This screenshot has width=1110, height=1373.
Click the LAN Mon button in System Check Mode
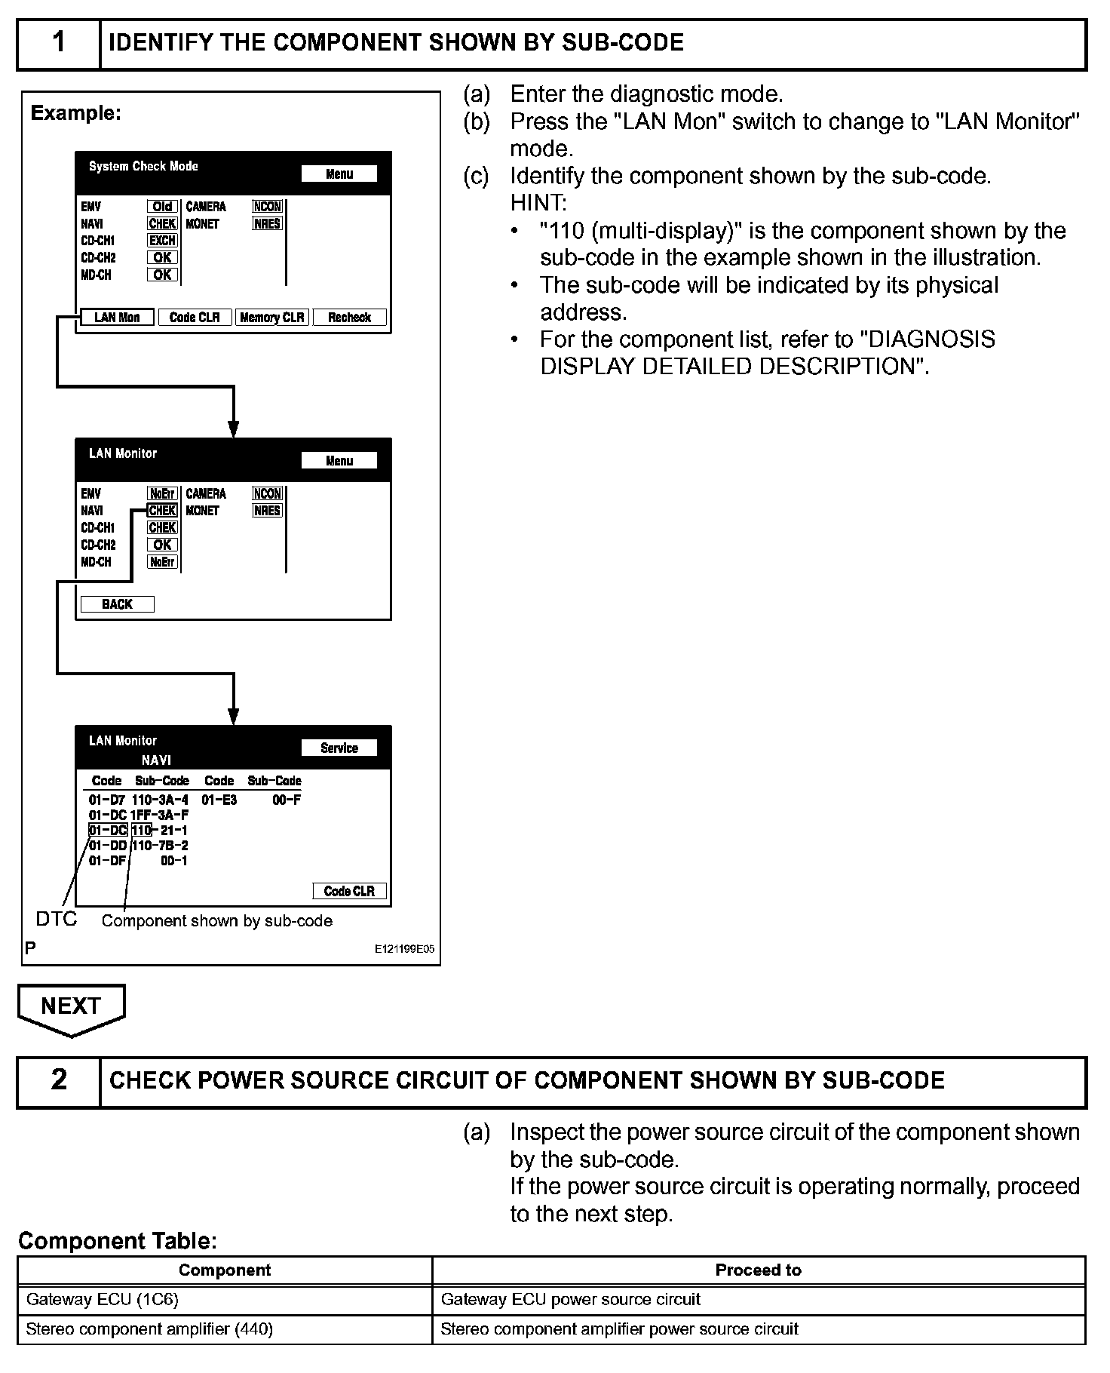point(117,318)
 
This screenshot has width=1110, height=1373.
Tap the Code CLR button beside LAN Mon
point(195,318)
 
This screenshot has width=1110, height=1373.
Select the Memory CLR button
point(271,318)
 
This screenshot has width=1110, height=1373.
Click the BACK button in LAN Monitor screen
point(117,604)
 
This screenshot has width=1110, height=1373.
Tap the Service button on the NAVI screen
point(339,748)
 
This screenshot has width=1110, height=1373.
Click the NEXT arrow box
point(71,1007)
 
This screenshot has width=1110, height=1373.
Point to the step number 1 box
point(59,43)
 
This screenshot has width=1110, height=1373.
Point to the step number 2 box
point(59,1080)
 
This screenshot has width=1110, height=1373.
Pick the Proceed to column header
point(758,1270)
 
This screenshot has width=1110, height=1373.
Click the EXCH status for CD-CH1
point(162,241)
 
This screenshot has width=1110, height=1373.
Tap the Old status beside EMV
point(162,207)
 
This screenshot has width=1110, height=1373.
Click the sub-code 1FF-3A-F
point(159,815)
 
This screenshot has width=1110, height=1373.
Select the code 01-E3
point(219,800)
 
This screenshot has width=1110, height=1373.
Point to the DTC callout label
point(57,919)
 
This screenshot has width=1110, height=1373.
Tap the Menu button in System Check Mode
point(339,174)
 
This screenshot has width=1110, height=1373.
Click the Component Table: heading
point(118,1241)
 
